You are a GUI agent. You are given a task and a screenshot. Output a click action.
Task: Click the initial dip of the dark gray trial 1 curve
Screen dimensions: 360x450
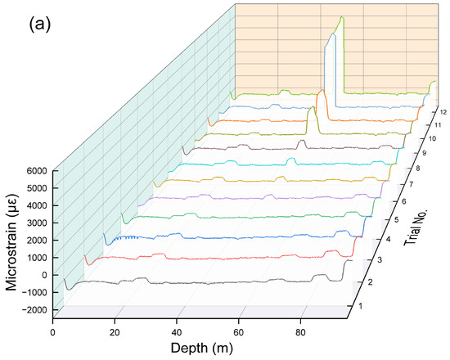(x=70, y=288)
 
